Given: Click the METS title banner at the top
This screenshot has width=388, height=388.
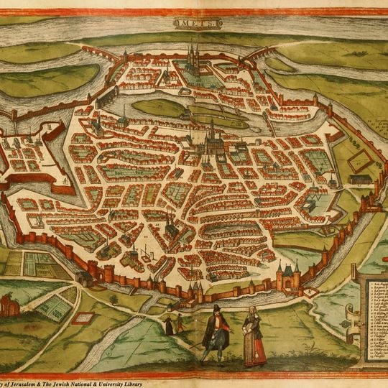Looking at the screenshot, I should click(x=193, y=23).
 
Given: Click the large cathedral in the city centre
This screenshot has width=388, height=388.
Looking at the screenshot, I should click(x=213, y=143).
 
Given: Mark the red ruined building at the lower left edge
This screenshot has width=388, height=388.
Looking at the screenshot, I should click(x=9, y=305).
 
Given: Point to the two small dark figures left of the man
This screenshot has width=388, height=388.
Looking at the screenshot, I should click(x=174, y=324).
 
